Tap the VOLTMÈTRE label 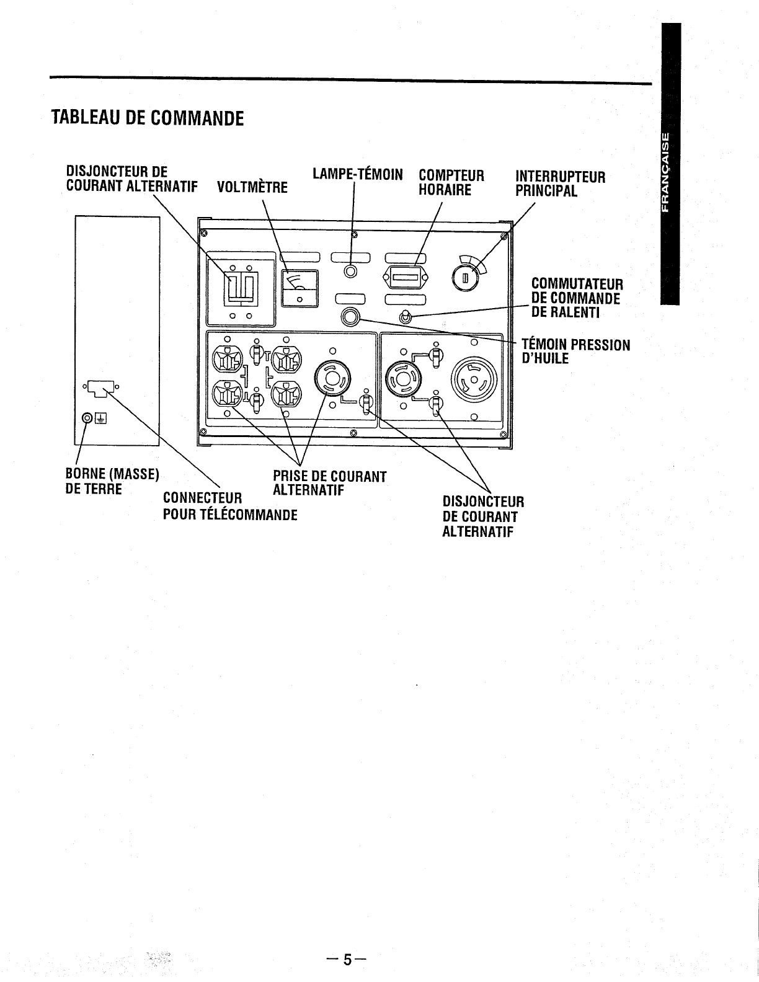252,187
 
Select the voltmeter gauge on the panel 300,288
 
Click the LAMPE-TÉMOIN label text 358,174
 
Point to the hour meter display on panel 404,276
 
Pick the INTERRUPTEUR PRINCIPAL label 560,184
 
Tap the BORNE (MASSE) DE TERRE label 112,481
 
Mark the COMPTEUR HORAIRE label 451,182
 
